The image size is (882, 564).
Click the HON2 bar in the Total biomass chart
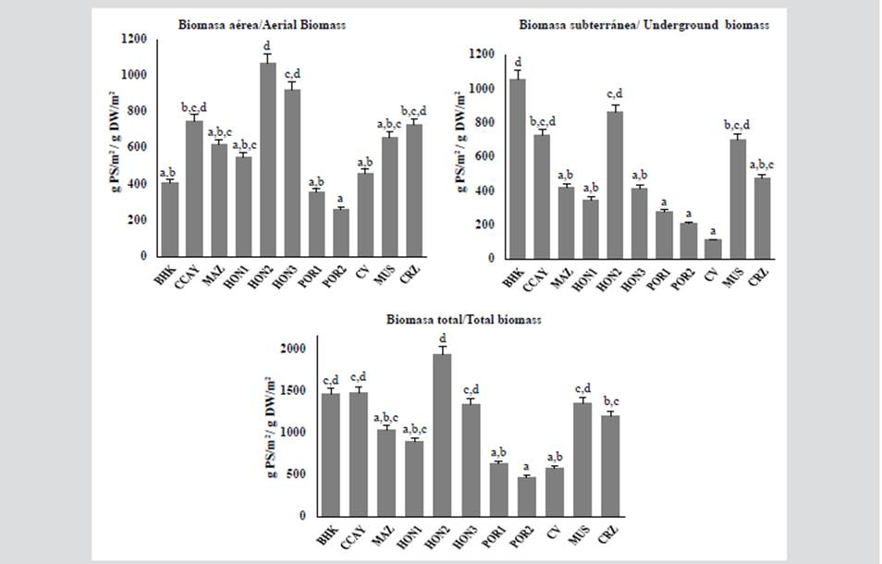pyautogui.click(x=443, y=435)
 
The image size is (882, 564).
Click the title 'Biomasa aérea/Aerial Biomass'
pyautogui.click(x=263, y=25)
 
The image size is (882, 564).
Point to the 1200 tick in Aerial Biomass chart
pyautogui.click(x=133, y=39)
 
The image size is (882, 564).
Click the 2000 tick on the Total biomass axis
pyautogui.click(x=295, y=349)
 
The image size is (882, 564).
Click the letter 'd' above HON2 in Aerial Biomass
pyautogui.click(x=267, y=44)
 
